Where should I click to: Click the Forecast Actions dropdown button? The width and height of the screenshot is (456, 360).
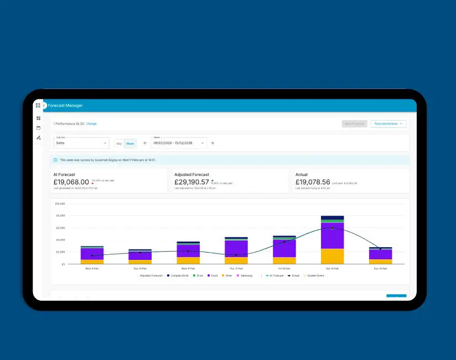tap(388, 124)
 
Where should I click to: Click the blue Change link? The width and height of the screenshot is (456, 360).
tap(91, 124)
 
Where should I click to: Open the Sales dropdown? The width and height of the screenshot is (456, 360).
tap(81, 143)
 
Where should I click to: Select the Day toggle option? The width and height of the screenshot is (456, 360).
tap(119, 143)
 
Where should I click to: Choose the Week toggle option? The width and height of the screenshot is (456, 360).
tap(130, 143)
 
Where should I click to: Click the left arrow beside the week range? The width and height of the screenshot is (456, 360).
tap(145, 143)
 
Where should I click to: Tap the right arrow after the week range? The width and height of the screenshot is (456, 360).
tap(212, 143)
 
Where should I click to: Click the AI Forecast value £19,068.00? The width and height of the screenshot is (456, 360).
tap(71, 182)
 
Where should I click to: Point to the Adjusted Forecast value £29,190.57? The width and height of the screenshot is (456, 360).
tap(191, 182)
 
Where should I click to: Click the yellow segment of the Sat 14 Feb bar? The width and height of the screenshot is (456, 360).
tap(332, 256)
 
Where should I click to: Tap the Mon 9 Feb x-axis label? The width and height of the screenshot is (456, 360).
tap(92, 268)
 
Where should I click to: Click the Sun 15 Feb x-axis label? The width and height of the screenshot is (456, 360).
tap(380, 268)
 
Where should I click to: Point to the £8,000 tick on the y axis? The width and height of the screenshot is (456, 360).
tap(60, 204)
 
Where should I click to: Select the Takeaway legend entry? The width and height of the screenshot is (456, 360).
tap(245, 275)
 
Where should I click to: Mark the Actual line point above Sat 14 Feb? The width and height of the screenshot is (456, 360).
tap(332, 228)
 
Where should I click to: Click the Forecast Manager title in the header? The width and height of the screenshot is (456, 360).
tap(65, 106)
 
